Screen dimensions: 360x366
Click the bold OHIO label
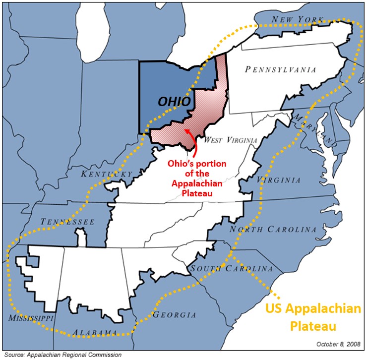pos(175,101)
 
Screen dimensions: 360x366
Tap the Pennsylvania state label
pos(280,70)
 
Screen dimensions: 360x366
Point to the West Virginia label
pos(231,140)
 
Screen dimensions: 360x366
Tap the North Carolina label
pos(272,230)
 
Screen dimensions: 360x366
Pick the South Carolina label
pos(232,268)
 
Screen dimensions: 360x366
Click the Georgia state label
pos(174,315)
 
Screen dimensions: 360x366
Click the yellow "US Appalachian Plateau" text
pos(313,317)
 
